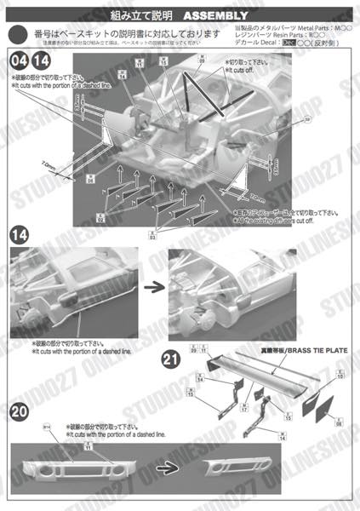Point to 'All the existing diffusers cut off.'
coord(273,221)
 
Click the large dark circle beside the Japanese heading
coord(18,33)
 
